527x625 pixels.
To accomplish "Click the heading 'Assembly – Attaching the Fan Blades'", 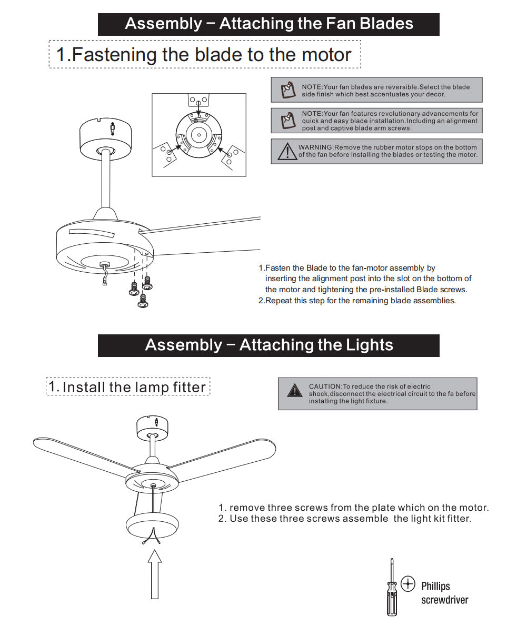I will pos(269,24).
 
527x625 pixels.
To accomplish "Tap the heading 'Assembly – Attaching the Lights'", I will pos(269,345).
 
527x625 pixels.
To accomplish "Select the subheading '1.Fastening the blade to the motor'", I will pos(204,55).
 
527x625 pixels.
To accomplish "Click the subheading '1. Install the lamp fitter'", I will pos(128,387).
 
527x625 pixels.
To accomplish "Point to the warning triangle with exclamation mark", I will pos(287,151).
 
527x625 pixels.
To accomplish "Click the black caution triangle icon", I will pos(294,391).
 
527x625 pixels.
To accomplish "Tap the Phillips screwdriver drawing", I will pos(391,587).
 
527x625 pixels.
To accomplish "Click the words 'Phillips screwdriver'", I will pos(444,593).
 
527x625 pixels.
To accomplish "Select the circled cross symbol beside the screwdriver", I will pos(408,583).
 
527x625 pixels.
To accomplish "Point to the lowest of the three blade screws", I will pos(142,302).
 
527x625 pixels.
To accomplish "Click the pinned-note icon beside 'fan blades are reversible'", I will pos(287,90).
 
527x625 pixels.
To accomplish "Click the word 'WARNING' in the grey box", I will pos(316,147).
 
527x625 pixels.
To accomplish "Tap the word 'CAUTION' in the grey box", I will pos(325,386).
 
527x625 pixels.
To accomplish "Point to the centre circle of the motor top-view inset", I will pos(198,135).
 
